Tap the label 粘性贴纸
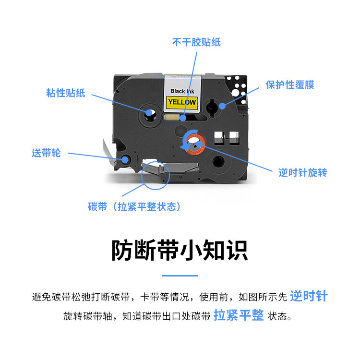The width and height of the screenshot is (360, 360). click(66, 93)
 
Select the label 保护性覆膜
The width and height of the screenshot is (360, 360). click(289, 85)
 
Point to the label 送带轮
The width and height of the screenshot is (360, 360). click(46, 154)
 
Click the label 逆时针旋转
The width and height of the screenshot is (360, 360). click(302, 173)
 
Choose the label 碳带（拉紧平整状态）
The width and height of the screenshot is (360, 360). click(135, 207)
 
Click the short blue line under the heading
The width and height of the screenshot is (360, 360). click(180, 276)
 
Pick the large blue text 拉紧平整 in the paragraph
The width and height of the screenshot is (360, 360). click(239, 315)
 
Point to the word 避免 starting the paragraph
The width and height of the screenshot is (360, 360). click(40, 297)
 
